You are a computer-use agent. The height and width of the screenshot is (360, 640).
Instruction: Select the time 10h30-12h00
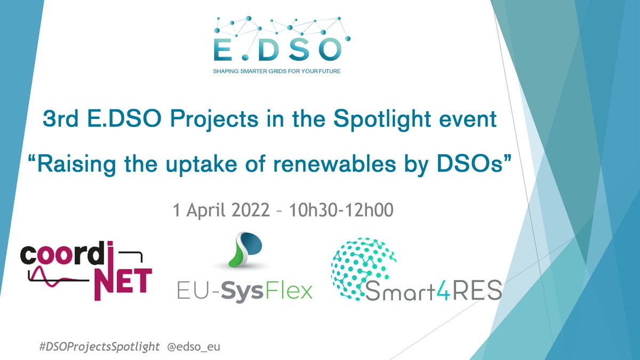(341, 210)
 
